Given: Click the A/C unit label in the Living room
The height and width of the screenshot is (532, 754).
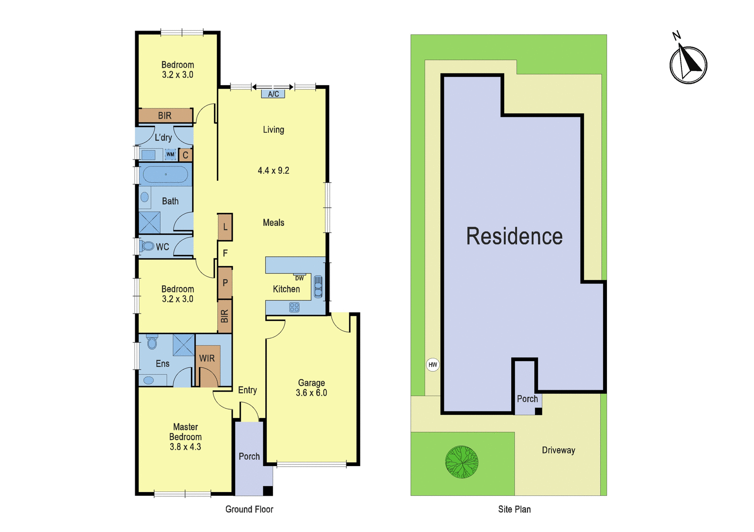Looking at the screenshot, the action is [x=273, y=94].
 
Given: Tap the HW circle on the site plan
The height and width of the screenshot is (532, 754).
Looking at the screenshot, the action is [x=433, y=364].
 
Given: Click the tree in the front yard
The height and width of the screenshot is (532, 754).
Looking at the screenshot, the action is [x=461, y=462].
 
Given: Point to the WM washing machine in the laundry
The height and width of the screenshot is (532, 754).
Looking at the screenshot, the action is [x=170, y=154].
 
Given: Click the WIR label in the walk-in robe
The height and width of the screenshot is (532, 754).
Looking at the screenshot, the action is [x=207, y=358].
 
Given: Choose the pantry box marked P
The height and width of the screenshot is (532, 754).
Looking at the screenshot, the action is [x=225, y=283].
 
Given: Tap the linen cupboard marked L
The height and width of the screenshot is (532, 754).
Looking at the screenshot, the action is [x=225, y=227].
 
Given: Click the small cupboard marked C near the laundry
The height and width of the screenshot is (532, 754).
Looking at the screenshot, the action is [x=185, y=155].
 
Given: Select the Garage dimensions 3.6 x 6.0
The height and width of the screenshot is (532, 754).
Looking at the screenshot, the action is [x=311, y=393].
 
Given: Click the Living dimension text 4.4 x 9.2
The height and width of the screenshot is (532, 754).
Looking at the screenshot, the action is [x=273, y=170].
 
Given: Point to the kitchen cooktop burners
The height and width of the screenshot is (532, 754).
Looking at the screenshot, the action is [x=294, y=307].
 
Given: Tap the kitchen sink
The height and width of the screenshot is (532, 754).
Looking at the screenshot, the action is [x=318, y=287].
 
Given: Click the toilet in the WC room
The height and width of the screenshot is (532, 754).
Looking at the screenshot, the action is [x=147, y=246].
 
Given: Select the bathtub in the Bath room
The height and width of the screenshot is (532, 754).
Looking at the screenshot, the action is [x=165, y=175].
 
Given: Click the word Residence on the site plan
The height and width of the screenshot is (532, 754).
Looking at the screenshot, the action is [x=514, y=236].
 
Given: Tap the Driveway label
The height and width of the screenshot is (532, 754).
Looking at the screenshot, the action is [x=558, y=450].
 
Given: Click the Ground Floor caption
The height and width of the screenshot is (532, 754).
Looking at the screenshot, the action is [x=249, y=509].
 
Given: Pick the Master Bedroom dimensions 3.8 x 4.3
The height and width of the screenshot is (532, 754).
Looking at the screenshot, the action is [x=185, y=447].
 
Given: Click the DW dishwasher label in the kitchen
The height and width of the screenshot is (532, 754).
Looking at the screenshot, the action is [x=299, y=278].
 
